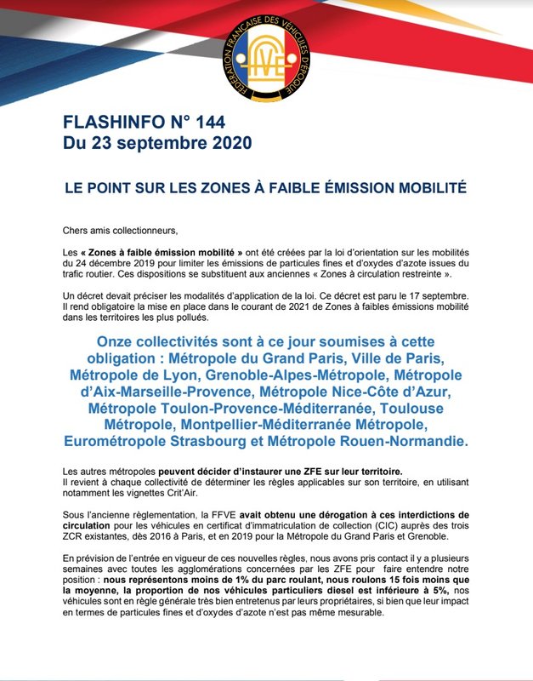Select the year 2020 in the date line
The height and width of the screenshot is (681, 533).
click(x=225, y=144)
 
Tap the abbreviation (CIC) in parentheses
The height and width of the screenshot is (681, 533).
click(x=346, y=526)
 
